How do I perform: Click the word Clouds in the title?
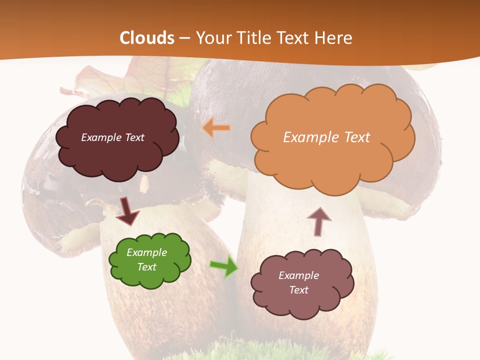click(x=147, y=38)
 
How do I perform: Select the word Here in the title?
click(x=333, y=38)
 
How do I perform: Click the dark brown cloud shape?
click(x=117, y=150)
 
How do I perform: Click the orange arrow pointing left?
click(x=216, y=128)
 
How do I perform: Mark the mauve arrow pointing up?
click(x=318, y=221)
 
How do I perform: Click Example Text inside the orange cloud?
click(x=326, y=137)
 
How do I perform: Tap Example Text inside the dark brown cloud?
click(x=112, y=137)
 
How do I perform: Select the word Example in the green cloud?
click(x=146, y=252)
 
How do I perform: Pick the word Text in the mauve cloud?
click(x=298, y=290)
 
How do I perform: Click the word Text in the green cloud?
click(x=146, y=267)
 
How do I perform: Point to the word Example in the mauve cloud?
click(x=298, y=275)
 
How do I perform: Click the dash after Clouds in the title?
click(x=184, y=38)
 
